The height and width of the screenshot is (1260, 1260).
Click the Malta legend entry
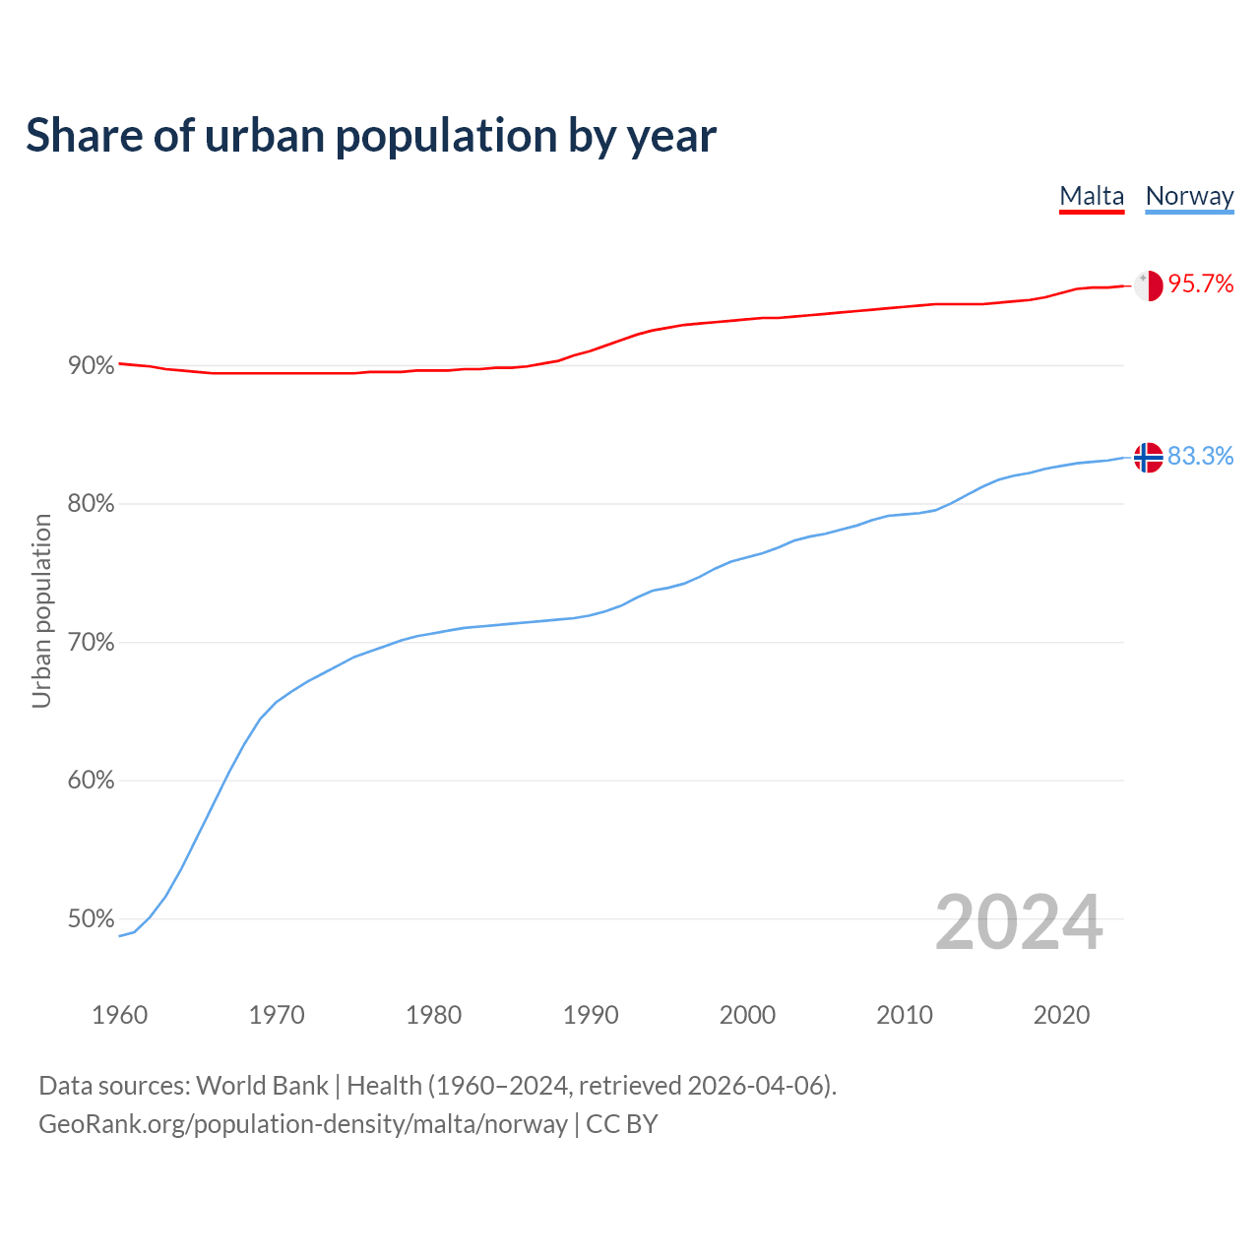click(1092, 197)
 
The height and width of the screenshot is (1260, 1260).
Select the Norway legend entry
click(1189, 197)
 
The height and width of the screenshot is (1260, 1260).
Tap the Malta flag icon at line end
click(1149, 285)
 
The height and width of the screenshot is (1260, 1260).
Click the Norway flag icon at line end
click(1149, 457)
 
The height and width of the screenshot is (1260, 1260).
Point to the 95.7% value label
click(1201, 284)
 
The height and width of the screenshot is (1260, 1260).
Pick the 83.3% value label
click(1200, 456)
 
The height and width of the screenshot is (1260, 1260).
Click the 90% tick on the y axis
click(91, 366)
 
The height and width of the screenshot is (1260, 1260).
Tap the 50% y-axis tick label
click(91, 919)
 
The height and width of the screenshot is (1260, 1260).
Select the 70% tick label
click(91, 643)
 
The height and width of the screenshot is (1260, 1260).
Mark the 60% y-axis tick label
click(91, 781)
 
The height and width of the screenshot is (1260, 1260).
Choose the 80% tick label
click(91, 504)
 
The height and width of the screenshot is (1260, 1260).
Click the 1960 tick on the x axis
click(119, 1015)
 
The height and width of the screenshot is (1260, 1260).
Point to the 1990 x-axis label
click(591, 1015)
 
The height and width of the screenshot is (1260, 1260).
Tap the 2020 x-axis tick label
click(1061, 1015)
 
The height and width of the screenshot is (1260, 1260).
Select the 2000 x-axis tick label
click(747, 1015)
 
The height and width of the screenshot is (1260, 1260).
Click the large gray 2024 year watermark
click(1019, 923)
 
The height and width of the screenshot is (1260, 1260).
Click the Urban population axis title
click(41, 610)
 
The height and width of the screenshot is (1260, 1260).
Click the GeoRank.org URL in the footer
click(303, 1124)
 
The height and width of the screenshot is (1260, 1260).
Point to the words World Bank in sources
click(262, 1086)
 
